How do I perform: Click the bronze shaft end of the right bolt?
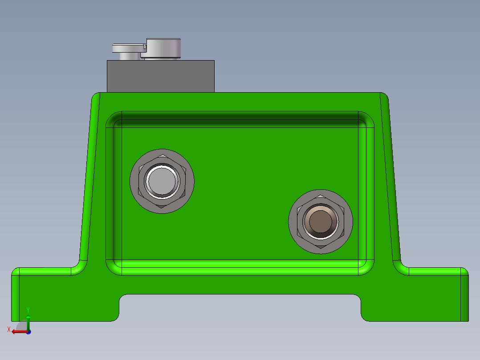pos(321,221)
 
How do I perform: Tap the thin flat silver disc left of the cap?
pos(127,48)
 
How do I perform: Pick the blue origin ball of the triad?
pos(28,332)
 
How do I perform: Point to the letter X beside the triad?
pos(8,329)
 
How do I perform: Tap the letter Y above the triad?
pos(28,309)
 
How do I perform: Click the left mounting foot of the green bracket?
pos(62,294)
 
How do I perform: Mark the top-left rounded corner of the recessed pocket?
pos(114,119)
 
